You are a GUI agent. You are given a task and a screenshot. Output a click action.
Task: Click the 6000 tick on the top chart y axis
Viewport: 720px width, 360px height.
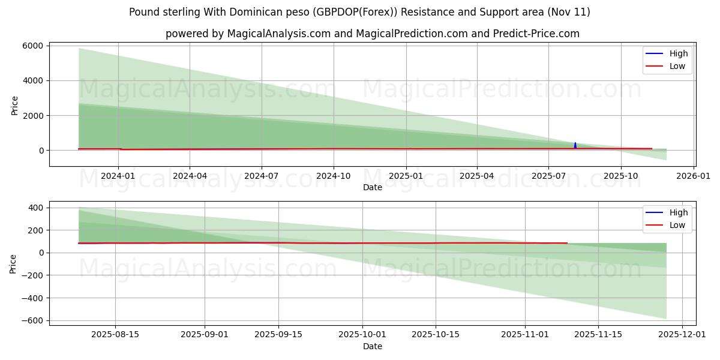point(33,46)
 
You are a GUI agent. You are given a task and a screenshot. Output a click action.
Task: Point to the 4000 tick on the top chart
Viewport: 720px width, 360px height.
point(33,80)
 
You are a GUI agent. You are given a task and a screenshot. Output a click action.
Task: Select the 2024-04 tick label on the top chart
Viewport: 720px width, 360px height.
point(190,176)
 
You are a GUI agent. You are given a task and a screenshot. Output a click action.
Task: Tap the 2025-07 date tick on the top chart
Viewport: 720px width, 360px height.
point(548,176)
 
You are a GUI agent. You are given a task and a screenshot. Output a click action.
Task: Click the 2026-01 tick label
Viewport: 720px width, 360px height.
point(694,176)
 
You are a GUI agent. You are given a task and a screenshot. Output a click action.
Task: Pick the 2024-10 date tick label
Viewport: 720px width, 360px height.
point(334,176)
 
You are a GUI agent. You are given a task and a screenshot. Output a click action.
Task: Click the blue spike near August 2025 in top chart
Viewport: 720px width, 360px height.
point(575,145)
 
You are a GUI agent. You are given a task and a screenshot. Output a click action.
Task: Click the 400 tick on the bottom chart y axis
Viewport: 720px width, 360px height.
point(35,208)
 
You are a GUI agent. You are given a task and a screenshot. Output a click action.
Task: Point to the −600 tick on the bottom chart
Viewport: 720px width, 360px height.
point(32,320)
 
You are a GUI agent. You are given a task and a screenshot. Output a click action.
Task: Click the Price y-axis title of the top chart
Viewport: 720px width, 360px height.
point(14,106)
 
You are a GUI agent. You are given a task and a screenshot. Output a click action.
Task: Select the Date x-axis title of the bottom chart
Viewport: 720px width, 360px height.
point(372,346)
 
